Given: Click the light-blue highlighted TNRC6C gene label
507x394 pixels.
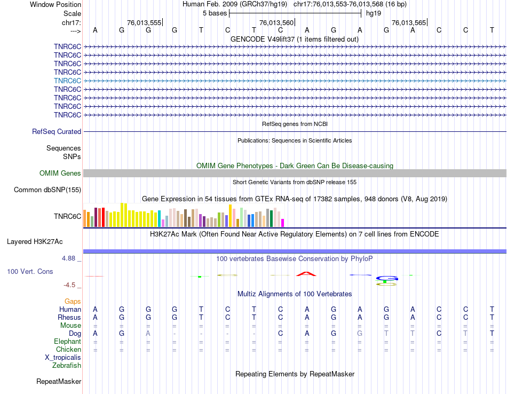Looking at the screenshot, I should click(x=67, y=81).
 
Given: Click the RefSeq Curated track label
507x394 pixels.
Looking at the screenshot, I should click(x=57, y=132).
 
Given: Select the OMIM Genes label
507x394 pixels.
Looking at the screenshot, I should click(x=60, y=174).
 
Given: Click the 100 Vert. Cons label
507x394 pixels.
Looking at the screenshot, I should click(x=30, y=272).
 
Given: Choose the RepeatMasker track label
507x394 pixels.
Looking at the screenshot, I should click(x=59, y=382).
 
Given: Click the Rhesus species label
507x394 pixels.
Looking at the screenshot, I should click(x=69, y=318).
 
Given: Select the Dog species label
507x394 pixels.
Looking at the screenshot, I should click(x=75, y=334).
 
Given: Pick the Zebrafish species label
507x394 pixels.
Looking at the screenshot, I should click(x=67, y=366).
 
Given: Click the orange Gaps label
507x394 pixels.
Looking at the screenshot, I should click(x=73, y=302).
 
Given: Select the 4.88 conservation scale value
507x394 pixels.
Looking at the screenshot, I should click(x=72, y=258).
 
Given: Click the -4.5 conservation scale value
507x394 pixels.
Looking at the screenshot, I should click(x=73, y=285).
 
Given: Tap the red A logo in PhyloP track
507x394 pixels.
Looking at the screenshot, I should click(x=306, y=274).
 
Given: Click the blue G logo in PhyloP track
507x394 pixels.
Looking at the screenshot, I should click(x=386, y=278).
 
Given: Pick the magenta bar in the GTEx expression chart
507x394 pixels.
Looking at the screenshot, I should click(x=283, y=223).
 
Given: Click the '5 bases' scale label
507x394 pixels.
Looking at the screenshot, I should click(x=215, y=13).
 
